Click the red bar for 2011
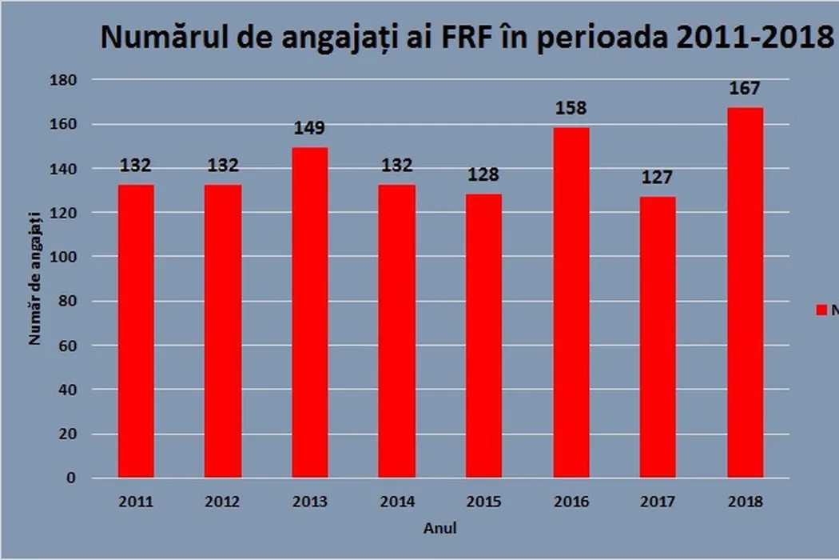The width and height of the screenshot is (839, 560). (136, 331)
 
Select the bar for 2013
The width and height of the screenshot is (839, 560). (309, 312)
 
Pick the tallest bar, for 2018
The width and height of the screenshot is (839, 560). (745, 293)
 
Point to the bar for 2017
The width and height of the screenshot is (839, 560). (658, 337)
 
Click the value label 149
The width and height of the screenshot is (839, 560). (309, 130)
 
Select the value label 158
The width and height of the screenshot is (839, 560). (571, 109)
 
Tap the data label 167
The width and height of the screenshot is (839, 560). (745, 89)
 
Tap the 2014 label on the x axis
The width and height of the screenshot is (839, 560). (396, 502)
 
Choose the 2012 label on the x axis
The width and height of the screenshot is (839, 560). (222, 502)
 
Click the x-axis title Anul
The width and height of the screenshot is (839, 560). (440, 528)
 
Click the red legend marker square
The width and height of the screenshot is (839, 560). (821, 310)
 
